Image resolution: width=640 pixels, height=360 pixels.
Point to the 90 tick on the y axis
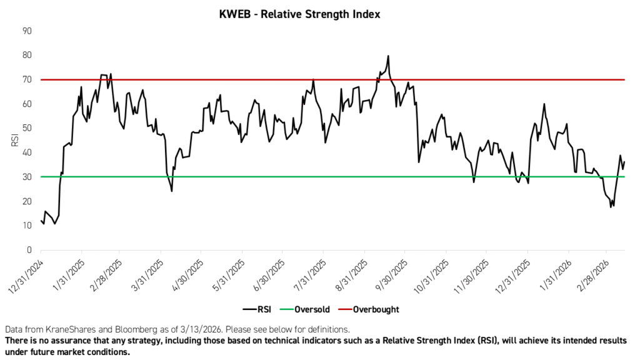pyautogui.click(x=27, y=31)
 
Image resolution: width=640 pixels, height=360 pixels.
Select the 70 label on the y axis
pyautogui.click(x=27, y=79)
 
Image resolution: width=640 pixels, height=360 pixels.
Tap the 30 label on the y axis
pyautogui.click(x=27, y=177)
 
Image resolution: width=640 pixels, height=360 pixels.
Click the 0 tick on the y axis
pyautogui.click(x=29, y=250)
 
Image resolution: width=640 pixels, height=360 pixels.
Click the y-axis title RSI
pyautogui.click(x=13, y=141)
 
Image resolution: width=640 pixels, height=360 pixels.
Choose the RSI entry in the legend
pyautogui.click(x=256, y=309)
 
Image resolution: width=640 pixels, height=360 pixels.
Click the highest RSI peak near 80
pyautogui.click(x=388, y=56)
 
